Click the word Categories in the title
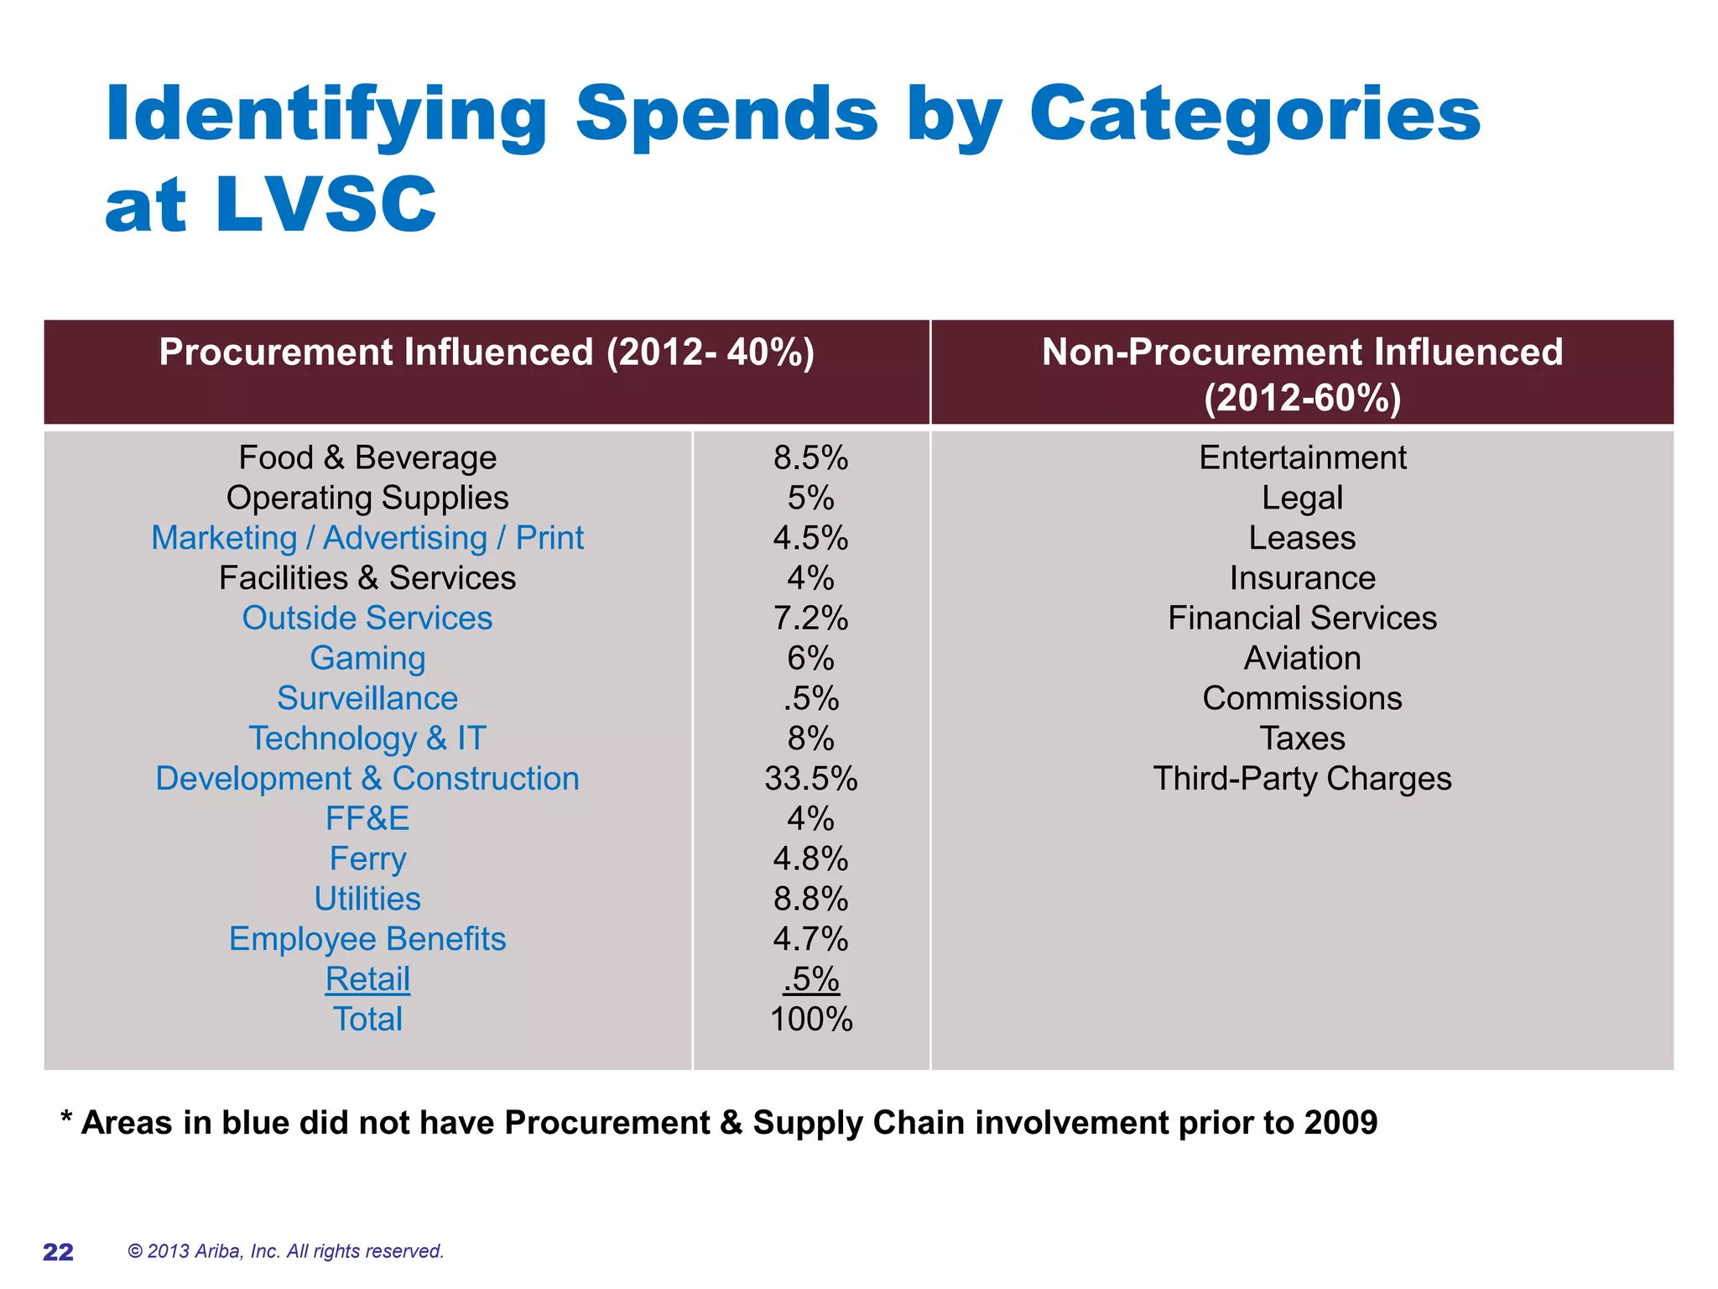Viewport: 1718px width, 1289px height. (x=1254, y=115)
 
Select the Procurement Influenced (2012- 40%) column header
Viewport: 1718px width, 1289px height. (x=487, y=352)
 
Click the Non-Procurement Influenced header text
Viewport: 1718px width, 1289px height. (x=1302, y=352)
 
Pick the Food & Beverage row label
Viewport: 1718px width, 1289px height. (x=367, y=458)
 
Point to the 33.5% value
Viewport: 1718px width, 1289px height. (x=810, y=779)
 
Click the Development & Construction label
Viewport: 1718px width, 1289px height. (x=367, y=779)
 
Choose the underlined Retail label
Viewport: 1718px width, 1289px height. (x=367, y=979)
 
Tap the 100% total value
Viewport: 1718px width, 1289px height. (x=810, y=1020)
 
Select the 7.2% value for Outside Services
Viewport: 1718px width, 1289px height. (x=810, y=618)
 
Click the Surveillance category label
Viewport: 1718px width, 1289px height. (x=367, y=699)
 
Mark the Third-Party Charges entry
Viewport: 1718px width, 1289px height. (x=1302, y=779)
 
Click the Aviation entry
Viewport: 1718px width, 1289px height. (x=1302, y=659)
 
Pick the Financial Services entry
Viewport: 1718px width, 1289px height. (x=1302, y=618)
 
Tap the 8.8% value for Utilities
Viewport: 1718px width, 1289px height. (x=810, y=900)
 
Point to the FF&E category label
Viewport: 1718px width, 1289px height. (x=367, y=819)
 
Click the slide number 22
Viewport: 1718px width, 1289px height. (x=58, y=1252)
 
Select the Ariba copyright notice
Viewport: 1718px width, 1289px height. (x=285, y=1251)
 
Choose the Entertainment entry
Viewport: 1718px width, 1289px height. (x=1302, y=458)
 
